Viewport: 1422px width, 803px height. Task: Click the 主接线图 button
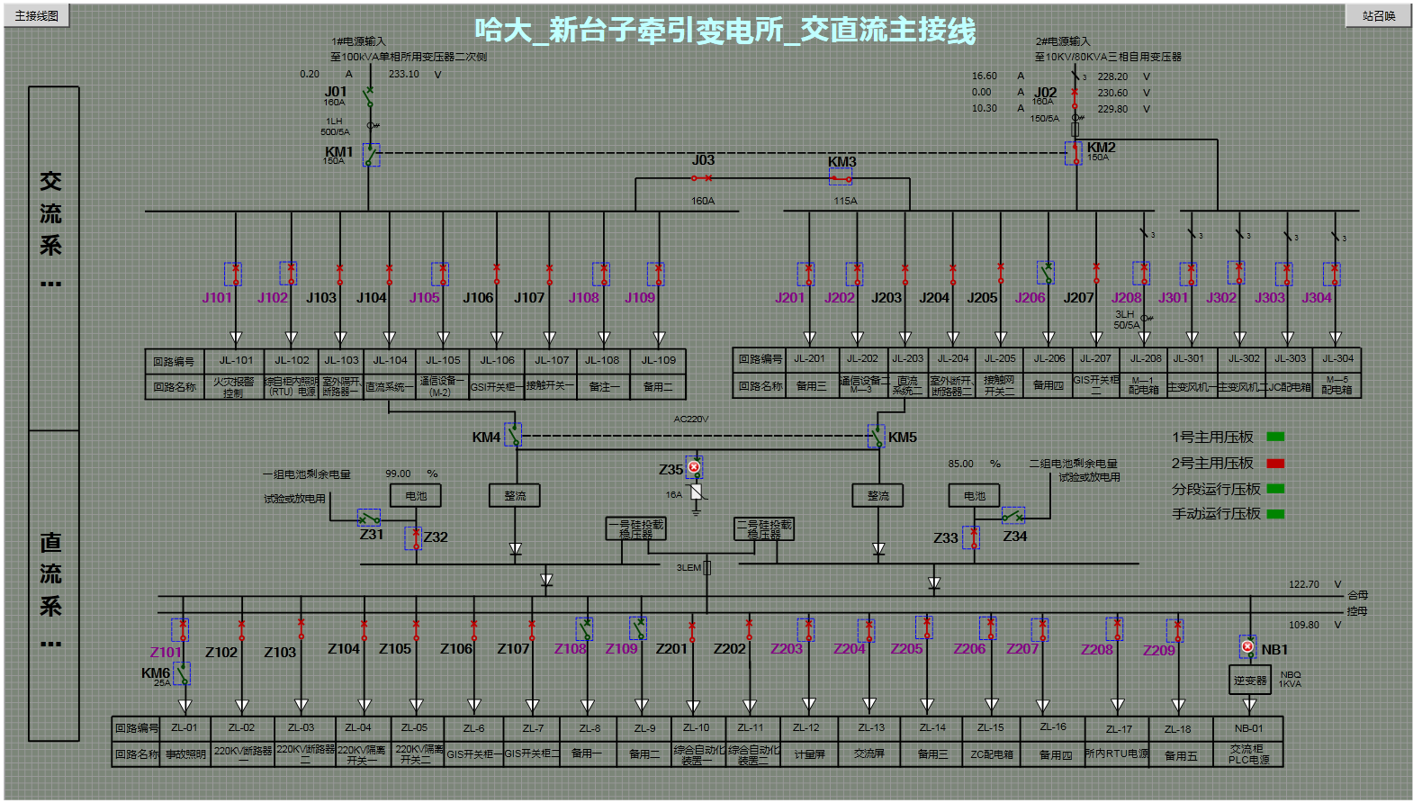pyautogui.click(x=37, y=15)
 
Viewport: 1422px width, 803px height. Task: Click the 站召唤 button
pyautogui.click(x=1378, y=15)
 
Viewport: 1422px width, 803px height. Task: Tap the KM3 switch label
pyautogui.click(x=841, y=162)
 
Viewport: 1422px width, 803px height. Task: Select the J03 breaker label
pyautogui.click(x=703, y=160)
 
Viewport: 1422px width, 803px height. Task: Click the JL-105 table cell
pyautogui.click(x=443, y=360)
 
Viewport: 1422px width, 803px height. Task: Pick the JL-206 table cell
pyautogui.click(x=1048, y=358)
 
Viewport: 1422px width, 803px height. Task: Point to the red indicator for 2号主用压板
pyautogui.click(x=1275, y=464)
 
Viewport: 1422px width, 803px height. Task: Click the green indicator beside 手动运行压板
pyautogui.click(x=1275, y=514)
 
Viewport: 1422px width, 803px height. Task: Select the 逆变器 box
pyautogui.click(x=1249, y=681)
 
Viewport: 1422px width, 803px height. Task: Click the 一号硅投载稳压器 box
pyautogui.click(x=636, y=529)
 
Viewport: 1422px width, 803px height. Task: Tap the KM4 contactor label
pyautogui.click(x=486, y=438)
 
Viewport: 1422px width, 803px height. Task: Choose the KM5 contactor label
pyautogui.click(x=903, y=438)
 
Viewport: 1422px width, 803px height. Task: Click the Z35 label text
pyautogui.click(x=670, y=470)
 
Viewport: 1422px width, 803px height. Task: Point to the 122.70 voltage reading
pyautogui.click(x=1303, y=584)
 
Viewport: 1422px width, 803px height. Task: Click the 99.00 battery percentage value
pyautogui.click(x=398, y=474)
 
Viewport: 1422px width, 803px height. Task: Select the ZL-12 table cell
pyautogui.click(x=806, y=727)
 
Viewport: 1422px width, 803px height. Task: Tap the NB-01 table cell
pyautogui.click(x=1248, y=728)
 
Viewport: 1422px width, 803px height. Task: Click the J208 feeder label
pyautogui.click(x=1126, y=298)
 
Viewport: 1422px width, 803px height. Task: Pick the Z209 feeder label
pyautogui.click(x=1158, y=650)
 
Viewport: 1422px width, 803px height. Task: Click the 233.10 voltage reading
pyautogui.click(x=403, y=74)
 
